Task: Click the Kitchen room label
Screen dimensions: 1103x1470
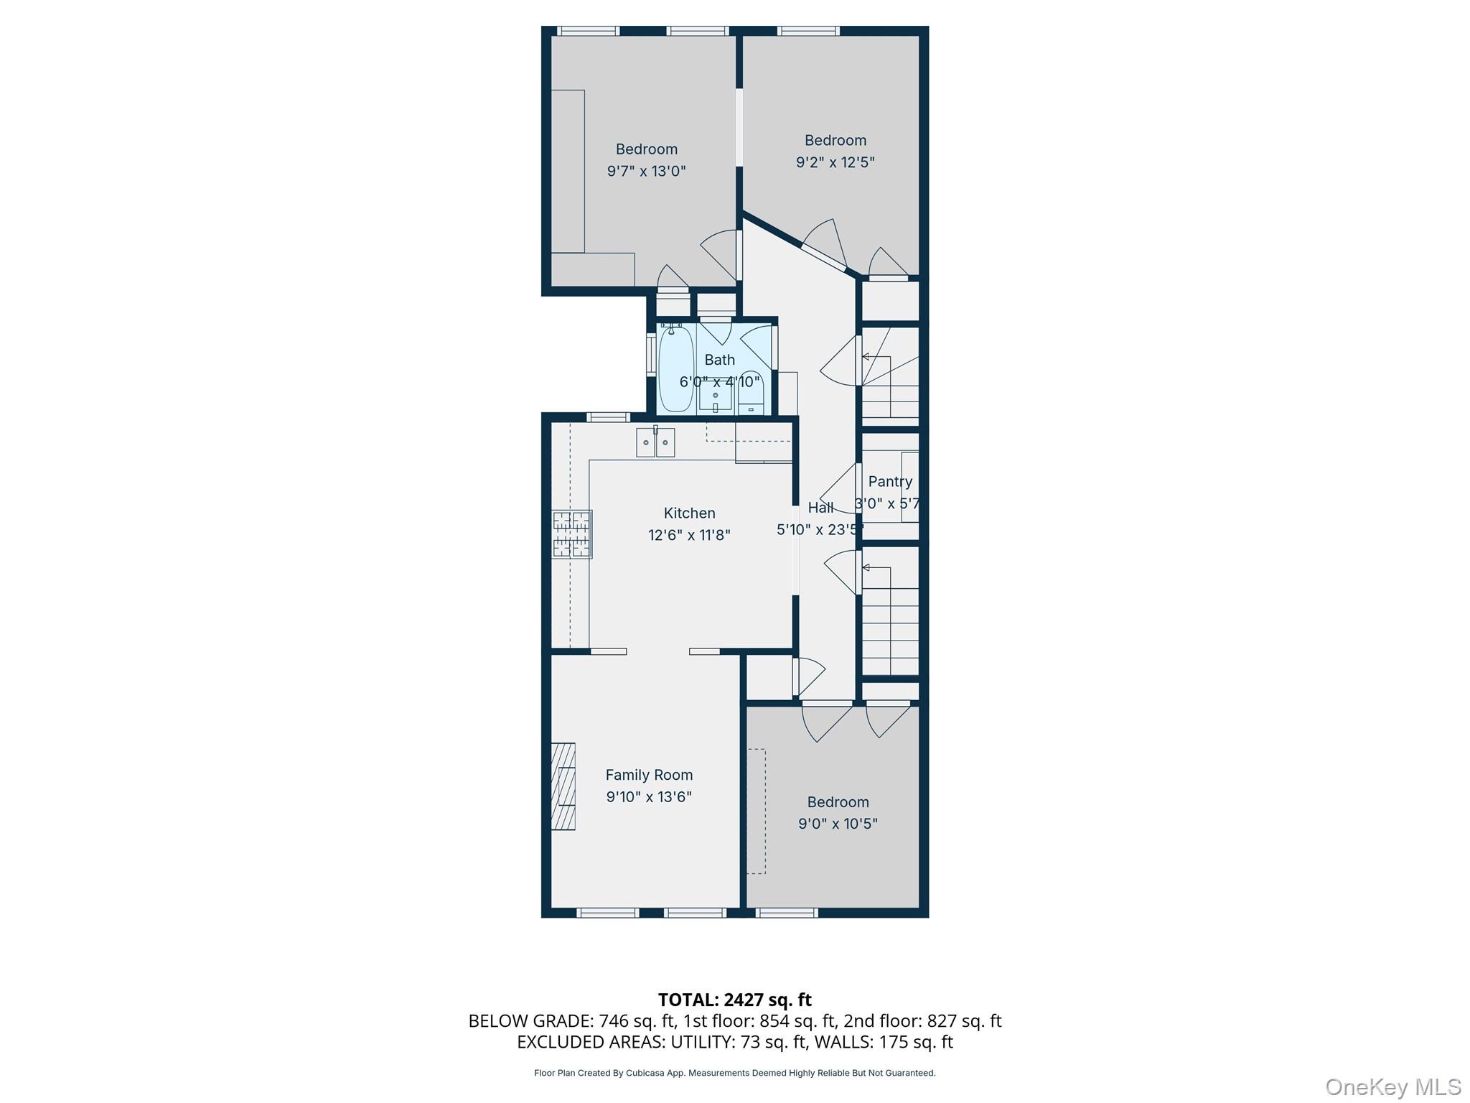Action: (689, 513)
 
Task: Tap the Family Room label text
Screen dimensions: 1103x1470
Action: (649, 775)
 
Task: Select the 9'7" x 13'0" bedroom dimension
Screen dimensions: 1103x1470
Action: (646, 171)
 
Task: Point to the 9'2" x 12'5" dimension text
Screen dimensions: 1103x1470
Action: (835, 162)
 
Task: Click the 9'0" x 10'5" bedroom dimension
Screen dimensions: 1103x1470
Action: (838, 824)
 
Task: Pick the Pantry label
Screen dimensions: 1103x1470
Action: (890, 482)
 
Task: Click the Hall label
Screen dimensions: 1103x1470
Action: (820, 508)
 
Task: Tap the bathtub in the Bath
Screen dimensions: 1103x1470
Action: (675, 368)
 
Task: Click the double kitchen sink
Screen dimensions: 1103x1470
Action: (655, 442)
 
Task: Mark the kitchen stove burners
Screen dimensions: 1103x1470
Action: (572, 534)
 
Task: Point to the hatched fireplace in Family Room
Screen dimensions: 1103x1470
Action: (563, 786)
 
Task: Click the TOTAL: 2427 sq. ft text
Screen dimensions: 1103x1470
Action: (734, 1000)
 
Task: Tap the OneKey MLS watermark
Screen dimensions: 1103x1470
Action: (1392, 1087)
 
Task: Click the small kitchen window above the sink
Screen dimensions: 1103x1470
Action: (608, 417)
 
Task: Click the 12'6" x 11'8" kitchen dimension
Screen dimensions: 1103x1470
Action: (689, 535)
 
